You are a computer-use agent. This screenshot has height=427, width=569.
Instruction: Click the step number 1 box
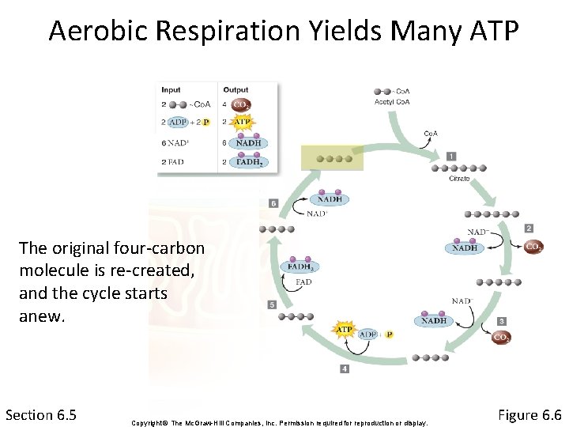coord(450,156)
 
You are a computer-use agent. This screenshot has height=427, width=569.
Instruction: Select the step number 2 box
coord(529,229)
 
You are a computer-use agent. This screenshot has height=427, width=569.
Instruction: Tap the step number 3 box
coord(502,321)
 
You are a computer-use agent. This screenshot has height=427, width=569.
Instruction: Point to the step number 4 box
coord(345,368)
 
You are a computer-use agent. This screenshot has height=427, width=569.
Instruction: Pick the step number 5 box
coord(273,304)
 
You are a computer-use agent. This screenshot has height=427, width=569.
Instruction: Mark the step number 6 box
coord(273,203)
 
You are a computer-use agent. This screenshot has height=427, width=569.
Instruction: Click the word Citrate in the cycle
coord(459,179)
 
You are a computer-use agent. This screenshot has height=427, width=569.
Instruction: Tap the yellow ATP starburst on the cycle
coord(345,329)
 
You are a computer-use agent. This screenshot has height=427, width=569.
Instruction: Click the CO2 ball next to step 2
coord(535,247)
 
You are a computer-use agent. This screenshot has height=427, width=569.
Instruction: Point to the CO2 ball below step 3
coord(501,338)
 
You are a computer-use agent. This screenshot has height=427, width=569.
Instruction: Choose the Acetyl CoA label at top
coord(391,101)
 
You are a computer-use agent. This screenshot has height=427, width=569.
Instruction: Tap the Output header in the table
coord(236,89)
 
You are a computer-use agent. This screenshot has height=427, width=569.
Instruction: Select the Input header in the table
coord(171,89)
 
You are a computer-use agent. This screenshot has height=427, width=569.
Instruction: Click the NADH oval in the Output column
coord(248,142)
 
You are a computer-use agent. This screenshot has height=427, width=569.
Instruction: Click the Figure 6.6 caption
coord(529,414)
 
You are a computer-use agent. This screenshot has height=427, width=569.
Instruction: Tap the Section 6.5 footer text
coord(40,414)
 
